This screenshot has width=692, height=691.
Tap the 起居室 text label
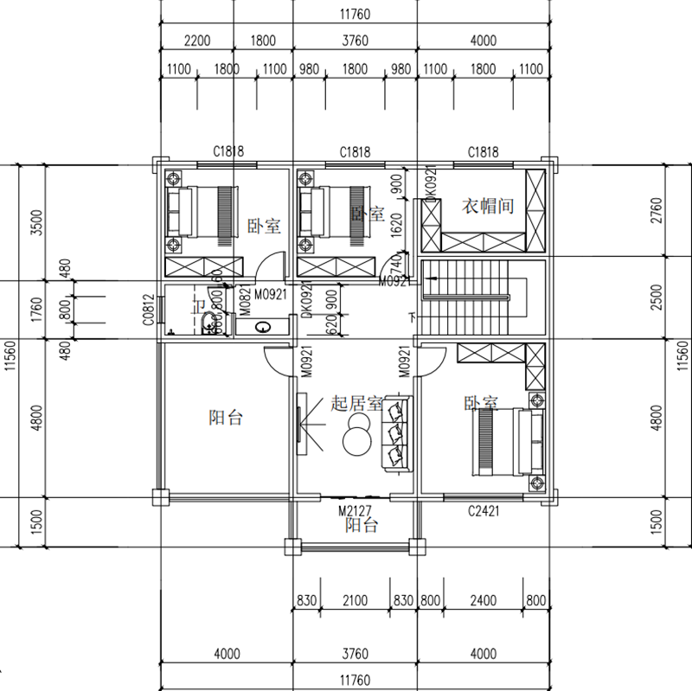[357, 403]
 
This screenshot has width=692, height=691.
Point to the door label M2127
[355, 511]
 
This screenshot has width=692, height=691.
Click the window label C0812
[148, 310]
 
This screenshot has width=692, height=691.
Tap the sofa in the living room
[397, 433]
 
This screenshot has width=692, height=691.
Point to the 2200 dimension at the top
[199, 41]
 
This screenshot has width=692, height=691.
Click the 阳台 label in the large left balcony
[226, 418]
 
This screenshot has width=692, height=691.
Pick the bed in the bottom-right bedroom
[506, 441]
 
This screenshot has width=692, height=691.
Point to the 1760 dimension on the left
[35, 310]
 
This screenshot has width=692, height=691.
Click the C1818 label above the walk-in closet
[483, 152]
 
